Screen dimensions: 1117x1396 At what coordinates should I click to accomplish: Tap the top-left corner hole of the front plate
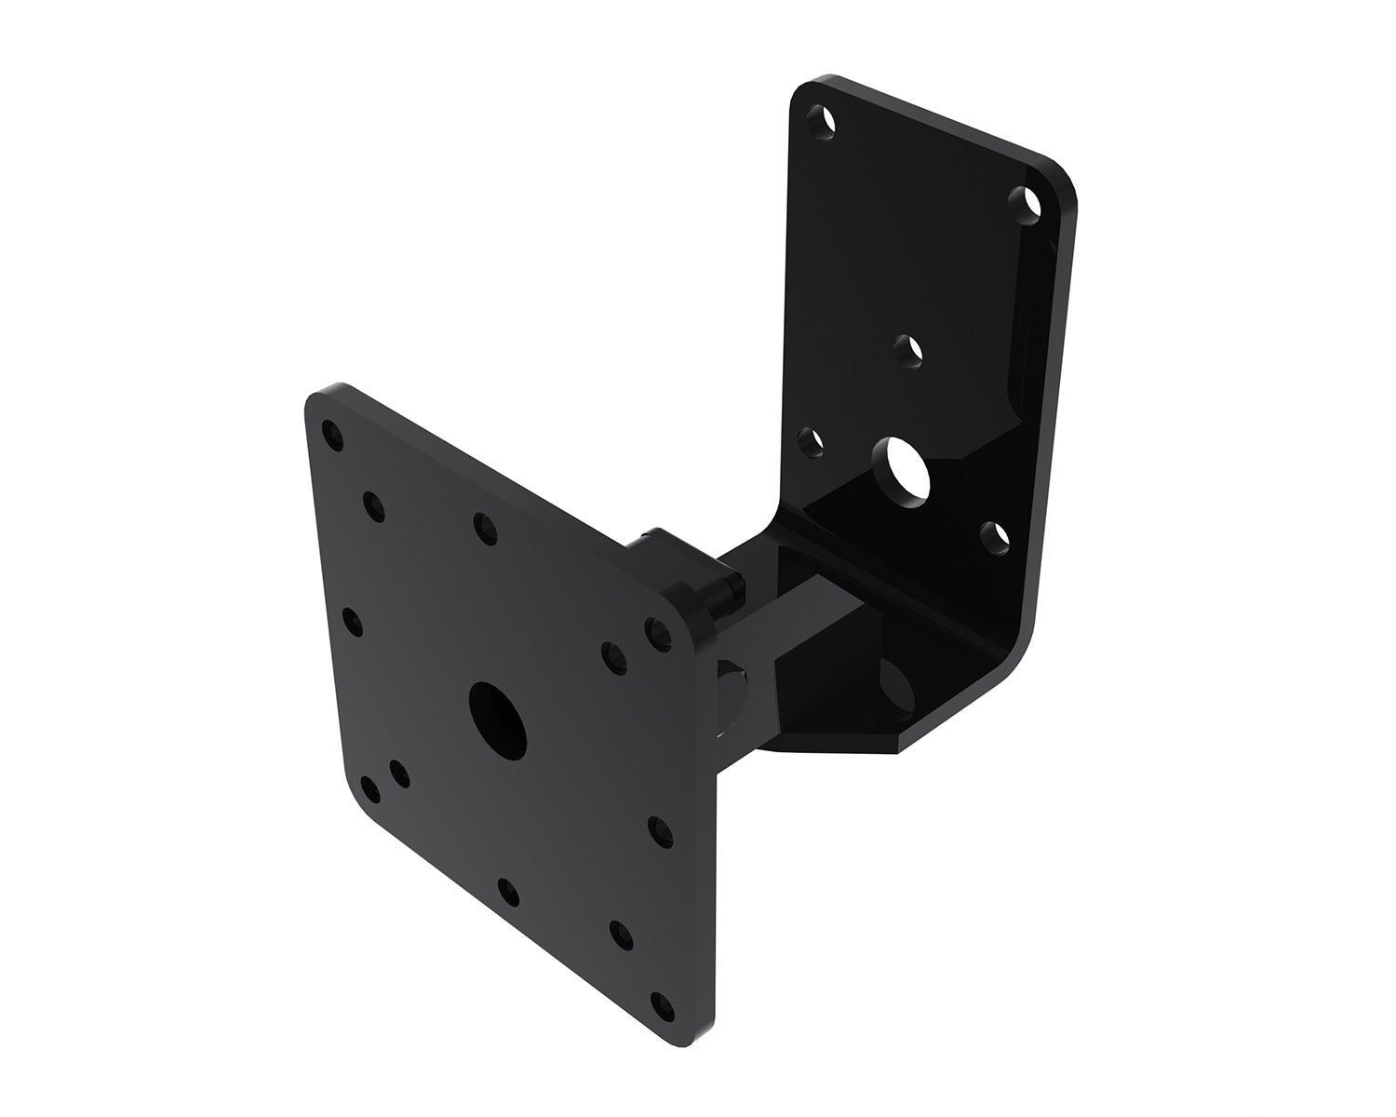point(329,433)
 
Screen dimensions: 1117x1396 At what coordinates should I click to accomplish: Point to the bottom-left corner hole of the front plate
point(370,791)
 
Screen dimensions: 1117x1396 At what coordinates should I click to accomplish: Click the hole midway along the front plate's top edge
point(484,527)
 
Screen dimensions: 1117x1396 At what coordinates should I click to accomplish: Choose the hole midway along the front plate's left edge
point(352,620)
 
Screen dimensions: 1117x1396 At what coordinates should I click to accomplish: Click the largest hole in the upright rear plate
point(908,464)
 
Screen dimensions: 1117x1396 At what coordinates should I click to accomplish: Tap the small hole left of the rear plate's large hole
point(813,441)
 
